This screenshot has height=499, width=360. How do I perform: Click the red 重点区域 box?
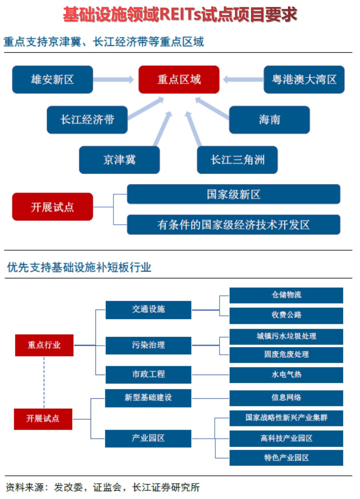click(x=179, y=79)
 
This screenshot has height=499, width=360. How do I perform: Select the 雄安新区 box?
click(x=52, y=79)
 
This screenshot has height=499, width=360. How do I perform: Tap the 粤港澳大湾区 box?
click(x=304, y=79)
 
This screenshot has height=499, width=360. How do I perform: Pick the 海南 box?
click(x=269, y=120)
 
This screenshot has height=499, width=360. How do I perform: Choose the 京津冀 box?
click(x=119, y=160)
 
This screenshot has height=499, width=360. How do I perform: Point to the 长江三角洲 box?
click(x=237, y=160)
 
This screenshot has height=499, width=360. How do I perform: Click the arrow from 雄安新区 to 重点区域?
click(x=113, y=79)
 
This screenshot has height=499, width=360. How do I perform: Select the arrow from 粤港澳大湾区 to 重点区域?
click(x=243, y=79)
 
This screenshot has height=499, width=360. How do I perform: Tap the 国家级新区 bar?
click(x=233, y=194)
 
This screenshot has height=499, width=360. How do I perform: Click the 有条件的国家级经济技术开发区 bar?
click(x=233, y=225)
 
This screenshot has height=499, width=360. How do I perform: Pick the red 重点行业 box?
click(x=44, y=345)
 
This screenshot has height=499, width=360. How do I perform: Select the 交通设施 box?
click(x=148, y=310)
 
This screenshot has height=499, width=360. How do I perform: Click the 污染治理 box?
click(x=148, y=345)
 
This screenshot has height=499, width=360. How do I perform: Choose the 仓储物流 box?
click(x=286, y=295)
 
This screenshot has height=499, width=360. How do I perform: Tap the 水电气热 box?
click(x=286, y=375)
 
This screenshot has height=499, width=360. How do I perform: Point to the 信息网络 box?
click(x=286, y=398)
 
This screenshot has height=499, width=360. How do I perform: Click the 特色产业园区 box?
click(x=286, y=458)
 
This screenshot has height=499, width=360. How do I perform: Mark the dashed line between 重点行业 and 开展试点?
click(x=44, y=382)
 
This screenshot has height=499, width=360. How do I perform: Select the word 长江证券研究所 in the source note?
click(x=166, y=487)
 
